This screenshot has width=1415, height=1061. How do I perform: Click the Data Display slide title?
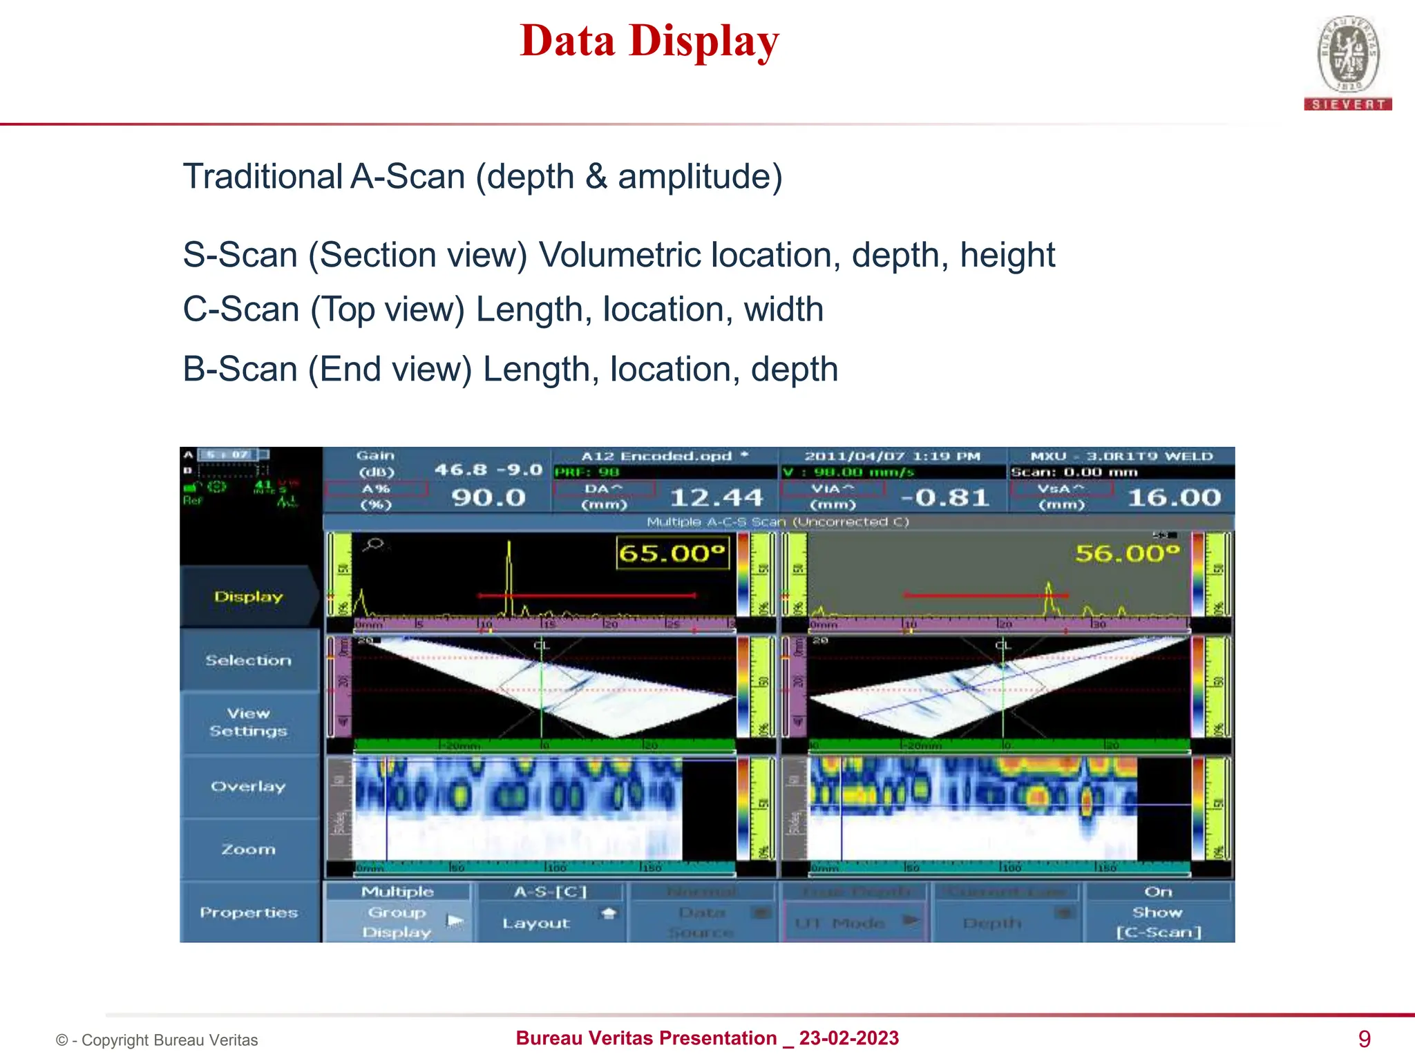click(649, 41)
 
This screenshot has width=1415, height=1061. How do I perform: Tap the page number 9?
click(1364, 1039)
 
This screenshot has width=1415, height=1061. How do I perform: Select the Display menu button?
click(249, 597)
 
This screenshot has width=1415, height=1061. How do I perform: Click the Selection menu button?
click(249, 660)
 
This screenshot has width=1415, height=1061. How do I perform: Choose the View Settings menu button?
click(249, 722)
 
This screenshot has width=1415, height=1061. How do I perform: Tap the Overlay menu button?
click(249, 786)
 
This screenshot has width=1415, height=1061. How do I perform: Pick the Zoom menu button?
click(249, 849)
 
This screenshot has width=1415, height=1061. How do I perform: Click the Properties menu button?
click(249, 912)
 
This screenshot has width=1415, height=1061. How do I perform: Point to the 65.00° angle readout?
click(672, 553)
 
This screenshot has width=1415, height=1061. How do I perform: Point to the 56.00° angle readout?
click(1128, 553)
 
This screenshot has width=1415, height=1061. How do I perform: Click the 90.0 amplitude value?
click(488, 497)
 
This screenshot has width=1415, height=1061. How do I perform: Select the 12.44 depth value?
click(716, 497)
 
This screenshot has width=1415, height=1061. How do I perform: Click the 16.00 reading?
click(1174, 497)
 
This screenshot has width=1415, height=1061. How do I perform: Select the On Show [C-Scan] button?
click(1159, 912)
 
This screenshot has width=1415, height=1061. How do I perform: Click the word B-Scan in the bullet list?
click(240, 370)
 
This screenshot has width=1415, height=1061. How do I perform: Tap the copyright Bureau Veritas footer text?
click(157, 1040)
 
